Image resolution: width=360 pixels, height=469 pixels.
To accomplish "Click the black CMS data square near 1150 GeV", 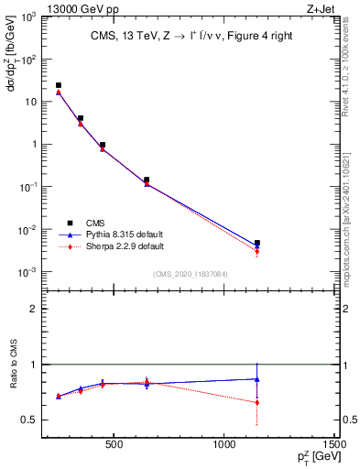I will [257, 243].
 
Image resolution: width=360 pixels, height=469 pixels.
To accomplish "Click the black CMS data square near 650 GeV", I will [147, 180].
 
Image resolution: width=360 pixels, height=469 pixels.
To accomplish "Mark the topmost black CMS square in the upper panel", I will [59, 85].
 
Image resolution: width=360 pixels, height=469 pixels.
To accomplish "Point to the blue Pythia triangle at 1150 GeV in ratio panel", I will [257, 379].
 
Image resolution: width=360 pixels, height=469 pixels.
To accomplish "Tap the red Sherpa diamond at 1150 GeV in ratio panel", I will [257, 402].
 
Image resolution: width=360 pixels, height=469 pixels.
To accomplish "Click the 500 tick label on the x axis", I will [114, 445].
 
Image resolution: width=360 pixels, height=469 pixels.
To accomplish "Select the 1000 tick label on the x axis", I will [225, 445].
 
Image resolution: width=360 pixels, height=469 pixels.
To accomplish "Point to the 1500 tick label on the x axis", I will [336, 445].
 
